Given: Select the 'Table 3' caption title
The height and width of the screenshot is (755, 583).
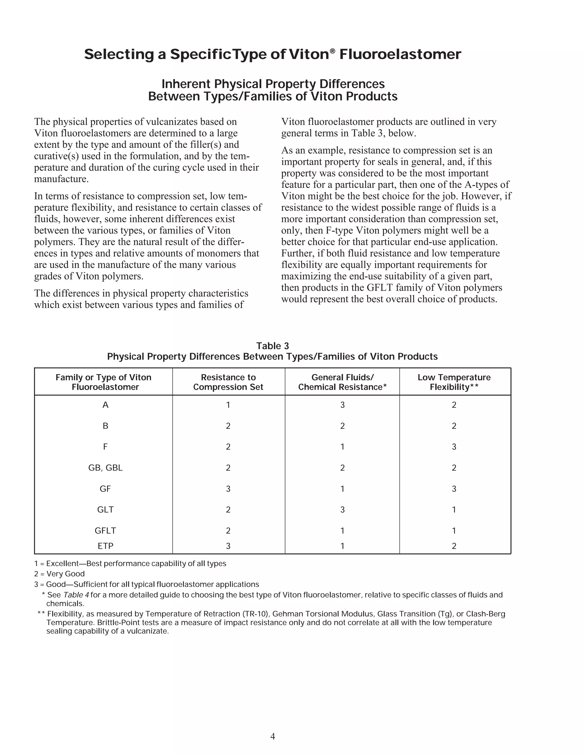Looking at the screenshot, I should coord(272,346).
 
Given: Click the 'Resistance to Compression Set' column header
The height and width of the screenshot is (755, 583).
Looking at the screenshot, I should coord(228,382).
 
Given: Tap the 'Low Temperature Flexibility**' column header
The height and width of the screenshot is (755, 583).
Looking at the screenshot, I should coord(454,382).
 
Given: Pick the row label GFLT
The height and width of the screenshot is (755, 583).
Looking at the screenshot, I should coord(105,530).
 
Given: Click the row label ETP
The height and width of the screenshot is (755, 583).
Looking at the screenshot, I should coord(105,546).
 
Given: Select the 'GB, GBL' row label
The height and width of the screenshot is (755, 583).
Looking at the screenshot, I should coord(105,468).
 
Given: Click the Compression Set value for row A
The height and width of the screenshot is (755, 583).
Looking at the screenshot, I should coord(228,405).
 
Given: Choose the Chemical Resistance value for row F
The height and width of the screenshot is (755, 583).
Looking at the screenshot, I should coord(342,447).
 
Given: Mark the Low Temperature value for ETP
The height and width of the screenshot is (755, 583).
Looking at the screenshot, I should coord(454,546).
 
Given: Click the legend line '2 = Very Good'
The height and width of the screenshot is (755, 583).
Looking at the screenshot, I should coord(59,574).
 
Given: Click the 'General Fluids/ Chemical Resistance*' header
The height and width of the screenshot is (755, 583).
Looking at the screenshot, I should coord(342,382).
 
